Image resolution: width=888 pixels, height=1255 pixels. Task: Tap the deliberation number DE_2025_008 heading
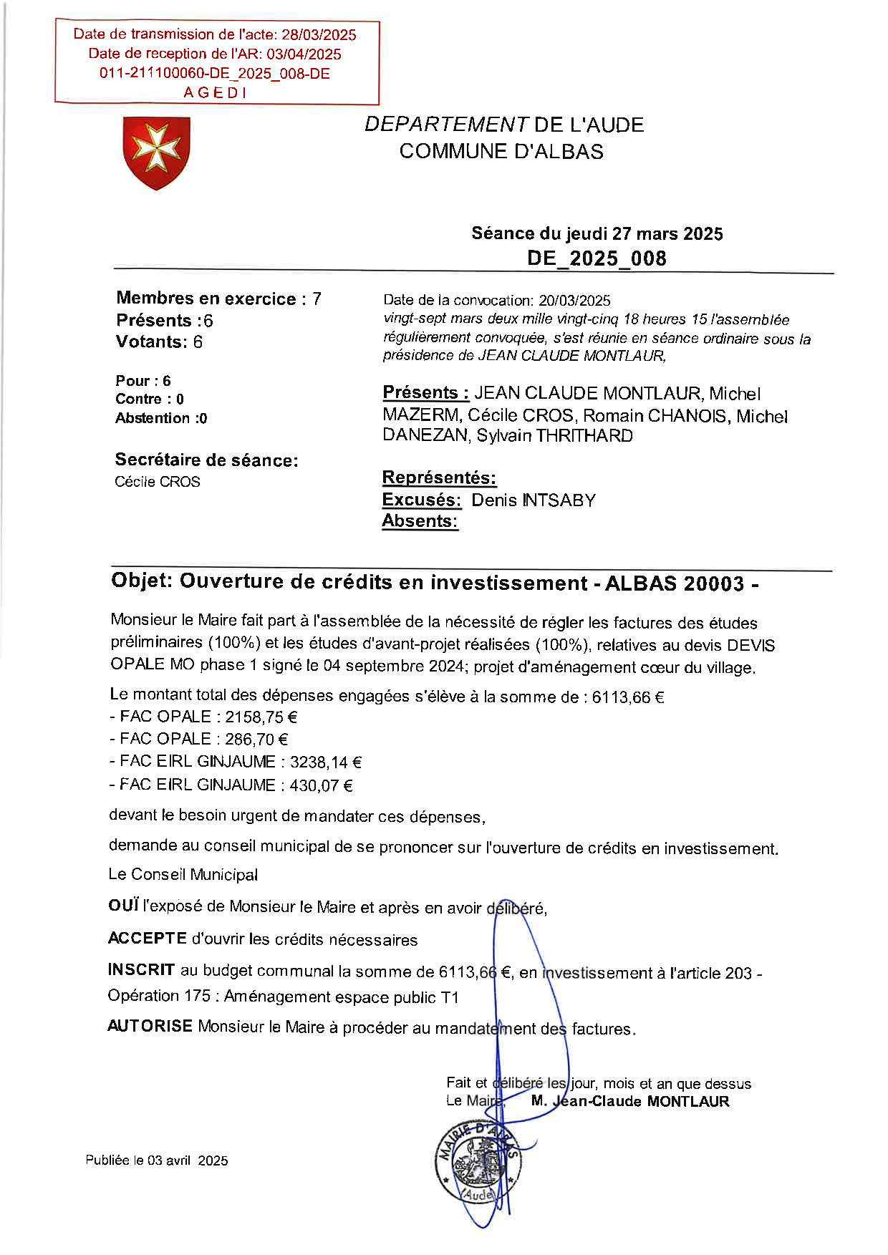click(597, 258)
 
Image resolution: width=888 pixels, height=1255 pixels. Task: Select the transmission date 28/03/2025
click(319, 34)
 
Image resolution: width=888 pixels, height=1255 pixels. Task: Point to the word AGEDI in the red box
click(215, 92)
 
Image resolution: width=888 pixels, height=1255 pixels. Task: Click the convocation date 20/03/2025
click(574, 301)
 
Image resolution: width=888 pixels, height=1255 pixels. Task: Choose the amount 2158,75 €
click(261, 717)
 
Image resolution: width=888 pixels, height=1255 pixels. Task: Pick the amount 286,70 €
click(256, 740)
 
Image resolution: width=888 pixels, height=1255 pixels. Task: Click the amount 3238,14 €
click(326, 762)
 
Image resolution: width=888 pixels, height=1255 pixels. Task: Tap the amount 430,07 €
click(321, 785)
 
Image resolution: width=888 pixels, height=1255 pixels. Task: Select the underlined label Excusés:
click(422, 500)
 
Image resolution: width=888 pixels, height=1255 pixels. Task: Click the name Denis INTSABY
click(534, 500)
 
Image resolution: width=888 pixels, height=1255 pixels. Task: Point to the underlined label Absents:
click(420, 521)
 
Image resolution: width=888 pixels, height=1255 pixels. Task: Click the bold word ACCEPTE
click(147, 939)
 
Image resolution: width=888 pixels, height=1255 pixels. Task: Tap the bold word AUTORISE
click(150, 1026)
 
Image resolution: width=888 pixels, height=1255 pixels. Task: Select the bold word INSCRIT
click(141, 970)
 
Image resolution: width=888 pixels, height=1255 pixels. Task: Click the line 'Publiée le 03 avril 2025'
click(157, 1160)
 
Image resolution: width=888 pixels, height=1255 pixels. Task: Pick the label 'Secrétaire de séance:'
click(206, 460)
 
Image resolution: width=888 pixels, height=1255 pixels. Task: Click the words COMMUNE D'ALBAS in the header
click(501, 152)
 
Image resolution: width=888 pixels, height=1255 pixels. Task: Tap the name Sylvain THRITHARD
click(554, 436)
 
